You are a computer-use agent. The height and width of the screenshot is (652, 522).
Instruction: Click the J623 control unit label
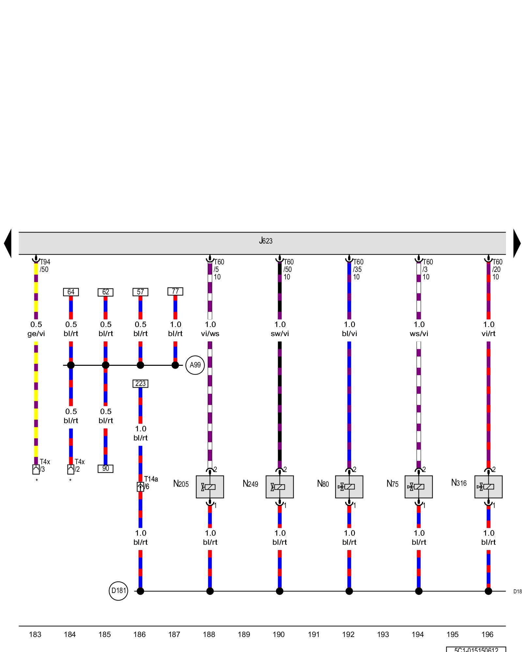coord(266,241)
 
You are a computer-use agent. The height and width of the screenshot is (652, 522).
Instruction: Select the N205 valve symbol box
coord(210,487)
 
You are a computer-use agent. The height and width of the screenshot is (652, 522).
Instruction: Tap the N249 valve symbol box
coord(280,487)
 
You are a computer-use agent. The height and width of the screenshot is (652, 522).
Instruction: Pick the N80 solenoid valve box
coord(349,487)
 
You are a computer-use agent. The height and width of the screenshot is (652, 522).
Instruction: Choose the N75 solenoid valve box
coord(419,487)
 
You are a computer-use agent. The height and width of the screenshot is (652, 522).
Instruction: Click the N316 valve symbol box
coord(488,487)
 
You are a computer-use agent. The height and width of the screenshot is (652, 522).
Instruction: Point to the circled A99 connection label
coord(195,365)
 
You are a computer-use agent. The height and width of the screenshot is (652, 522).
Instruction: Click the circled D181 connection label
coord(118,591)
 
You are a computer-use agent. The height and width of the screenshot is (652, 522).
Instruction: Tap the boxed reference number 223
coord(140,384)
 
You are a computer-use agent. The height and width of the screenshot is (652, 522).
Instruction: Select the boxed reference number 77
coord(175,291)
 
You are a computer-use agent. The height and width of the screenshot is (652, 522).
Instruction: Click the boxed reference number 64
coord(71,292)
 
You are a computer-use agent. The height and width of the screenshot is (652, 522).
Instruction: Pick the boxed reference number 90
coord(105,468)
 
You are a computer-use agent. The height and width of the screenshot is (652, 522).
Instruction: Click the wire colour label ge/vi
coord(36,334)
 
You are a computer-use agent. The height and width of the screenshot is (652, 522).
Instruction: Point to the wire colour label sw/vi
coord(280,334)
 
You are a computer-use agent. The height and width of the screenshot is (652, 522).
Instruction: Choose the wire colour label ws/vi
coord(419,334)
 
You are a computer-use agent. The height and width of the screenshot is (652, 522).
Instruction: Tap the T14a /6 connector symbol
coord(140,487)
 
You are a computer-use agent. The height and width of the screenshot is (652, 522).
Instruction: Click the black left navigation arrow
coord(8,243)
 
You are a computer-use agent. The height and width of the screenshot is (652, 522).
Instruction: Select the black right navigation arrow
coord(517,243)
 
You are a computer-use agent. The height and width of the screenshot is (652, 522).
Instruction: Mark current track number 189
coord(244,634)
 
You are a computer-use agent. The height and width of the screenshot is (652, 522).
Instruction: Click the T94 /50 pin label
coord(45,266)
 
